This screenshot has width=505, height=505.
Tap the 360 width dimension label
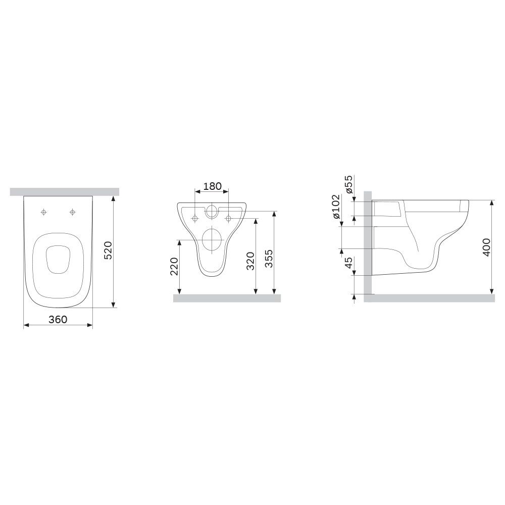(58, 319)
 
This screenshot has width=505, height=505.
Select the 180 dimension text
(213, 186)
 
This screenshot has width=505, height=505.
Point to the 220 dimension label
(174, 266)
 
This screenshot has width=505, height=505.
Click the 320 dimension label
(250, 261)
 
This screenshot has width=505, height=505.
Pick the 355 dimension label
(268, 258)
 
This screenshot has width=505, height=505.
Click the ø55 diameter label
(349, 184)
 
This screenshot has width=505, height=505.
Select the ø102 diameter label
(336, 207)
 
